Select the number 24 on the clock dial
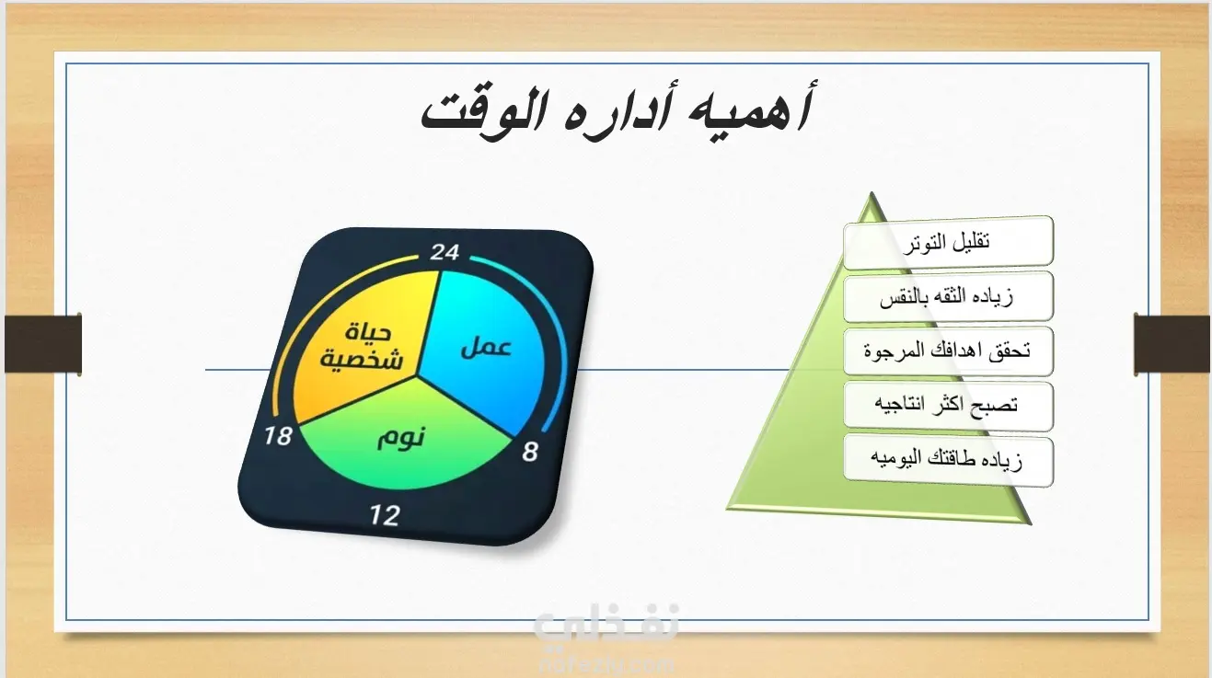[x=444, y=252]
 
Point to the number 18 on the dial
[x=278, y=436]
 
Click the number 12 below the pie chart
[x=386, y=515]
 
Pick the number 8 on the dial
[x=530, y=452]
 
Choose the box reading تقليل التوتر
[x=948, y=242]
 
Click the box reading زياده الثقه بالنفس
[x=948, y=297]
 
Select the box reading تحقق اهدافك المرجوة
[x=948, y=351]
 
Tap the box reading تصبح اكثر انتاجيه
[x=948, y=407]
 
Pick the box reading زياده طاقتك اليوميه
[x=948, y=461]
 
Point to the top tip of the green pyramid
[x=871, y=192]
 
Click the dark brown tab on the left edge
[x=43, y=343]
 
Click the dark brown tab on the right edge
[x=1172, y=344]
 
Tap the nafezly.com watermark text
[x=606, y=663]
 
